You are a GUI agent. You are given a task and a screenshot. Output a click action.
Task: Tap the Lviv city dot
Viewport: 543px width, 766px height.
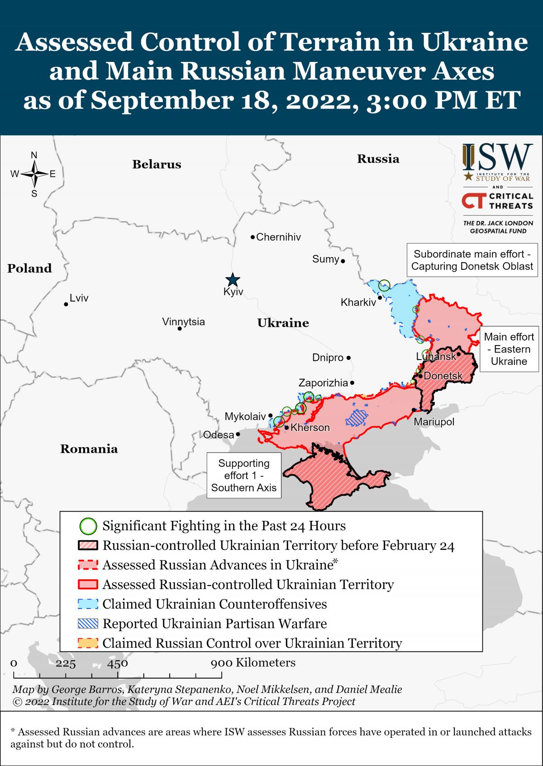tap(66, 304)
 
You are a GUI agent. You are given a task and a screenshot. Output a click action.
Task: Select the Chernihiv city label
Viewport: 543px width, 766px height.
tap(278, 237)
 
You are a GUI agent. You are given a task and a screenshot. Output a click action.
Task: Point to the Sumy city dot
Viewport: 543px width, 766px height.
tap(343, 261)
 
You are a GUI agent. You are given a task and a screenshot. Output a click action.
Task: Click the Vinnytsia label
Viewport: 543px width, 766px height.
tap(183, 322)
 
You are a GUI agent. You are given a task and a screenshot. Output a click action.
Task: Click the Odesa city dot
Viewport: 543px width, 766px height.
tap(238, 434)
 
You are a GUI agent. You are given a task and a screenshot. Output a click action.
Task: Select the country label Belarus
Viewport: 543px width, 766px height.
tap(157, 164)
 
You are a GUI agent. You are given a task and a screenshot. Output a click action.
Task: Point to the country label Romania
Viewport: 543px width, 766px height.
tap(89, 449)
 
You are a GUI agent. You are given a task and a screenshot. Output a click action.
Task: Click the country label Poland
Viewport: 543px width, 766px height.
tap(29, 268)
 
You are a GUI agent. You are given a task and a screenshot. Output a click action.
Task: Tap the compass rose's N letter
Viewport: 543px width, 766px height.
tap(34, 155)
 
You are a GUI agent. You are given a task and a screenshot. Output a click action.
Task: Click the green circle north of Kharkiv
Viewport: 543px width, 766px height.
tap(384, 285)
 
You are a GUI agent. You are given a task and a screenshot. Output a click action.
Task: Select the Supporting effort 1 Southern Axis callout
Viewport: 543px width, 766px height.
tap(243, 475)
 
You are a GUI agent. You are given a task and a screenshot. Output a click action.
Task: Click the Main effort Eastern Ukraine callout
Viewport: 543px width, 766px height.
tap(509, 349)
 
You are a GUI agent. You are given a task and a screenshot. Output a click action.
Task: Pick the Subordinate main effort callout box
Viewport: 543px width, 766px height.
tap(472, 260)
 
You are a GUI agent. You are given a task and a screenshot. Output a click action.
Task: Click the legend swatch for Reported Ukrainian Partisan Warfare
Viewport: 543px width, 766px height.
tap(88, 624)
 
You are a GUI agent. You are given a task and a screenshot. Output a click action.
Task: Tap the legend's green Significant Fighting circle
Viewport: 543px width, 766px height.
tap(88, 526)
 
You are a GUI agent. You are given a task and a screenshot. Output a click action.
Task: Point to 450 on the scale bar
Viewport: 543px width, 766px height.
tap(117, 663)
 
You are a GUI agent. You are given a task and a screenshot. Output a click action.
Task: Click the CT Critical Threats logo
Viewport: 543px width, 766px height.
tap(497, 202)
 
